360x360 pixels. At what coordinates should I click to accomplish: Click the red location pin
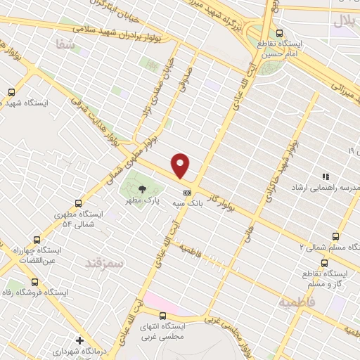click(181, 165)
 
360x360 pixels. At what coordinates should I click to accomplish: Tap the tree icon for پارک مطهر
click(143, 188)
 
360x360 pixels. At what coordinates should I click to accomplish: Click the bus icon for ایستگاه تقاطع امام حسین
click(280, 33)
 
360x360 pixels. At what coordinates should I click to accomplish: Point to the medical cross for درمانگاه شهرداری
click(79, 340)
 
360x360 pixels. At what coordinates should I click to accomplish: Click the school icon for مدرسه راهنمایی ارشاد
click(325, 176)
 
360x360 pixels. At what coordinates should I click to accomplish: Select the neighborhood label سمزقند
click(103, 263)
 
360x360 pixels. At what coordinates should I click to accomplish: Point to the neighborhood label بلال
click(344, 21)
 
